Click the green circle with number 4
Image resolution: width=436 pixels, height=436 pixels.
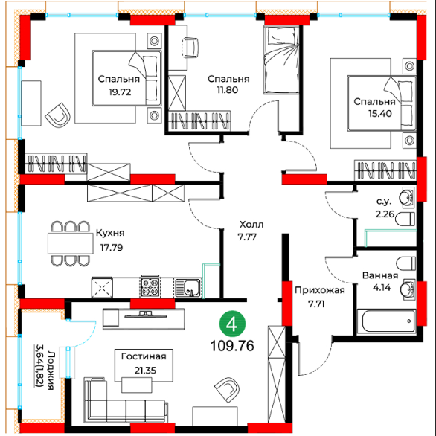coord(232,324)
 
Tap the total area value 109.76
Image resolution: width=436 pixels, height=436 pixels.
coord(232,346)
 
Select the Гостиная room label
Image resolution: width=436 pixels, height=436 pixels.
coord(144,356)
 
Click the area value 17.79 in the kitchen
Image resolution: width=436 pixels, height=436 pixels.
coord(112,247)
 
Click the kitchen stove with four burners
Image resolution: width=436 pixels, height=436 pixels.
coord(150,287)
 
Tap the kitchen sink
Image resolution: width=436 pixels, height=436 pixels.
coord(188,287)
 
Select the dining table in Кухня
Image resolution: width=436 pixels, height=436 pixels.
coord(71,243)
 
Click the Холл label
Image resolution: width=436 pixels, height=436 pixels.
coord(251,224)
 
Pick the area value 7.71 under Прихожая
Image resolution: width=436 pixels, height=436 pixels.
coord(316,304)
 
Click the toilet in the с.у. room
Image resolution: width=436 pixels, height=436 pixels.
coord(405,219)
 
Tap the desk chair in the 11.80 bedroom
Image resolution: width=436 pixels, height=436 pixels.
coord(190,48)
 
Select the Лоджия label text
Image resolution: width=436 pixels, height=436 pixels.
coord(51,370)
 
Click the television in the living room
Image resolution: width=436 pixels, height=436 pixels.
coord(145,315)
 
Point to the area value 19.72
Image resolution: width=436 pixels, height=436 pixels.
coord(120,92)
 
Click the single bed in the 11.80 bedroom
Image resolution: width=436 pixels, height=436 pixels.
coord(281,60)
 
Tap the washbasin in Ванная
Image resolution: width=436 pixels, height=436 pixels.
coord(408,289)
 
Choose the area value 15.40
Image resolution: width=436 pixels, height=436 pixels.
coord(380,113)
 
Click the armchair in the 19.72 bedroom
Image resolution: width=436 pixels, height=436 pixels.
coord(58,115)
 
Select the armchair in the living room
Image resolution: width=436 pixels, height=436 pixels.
coord(227,390)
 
